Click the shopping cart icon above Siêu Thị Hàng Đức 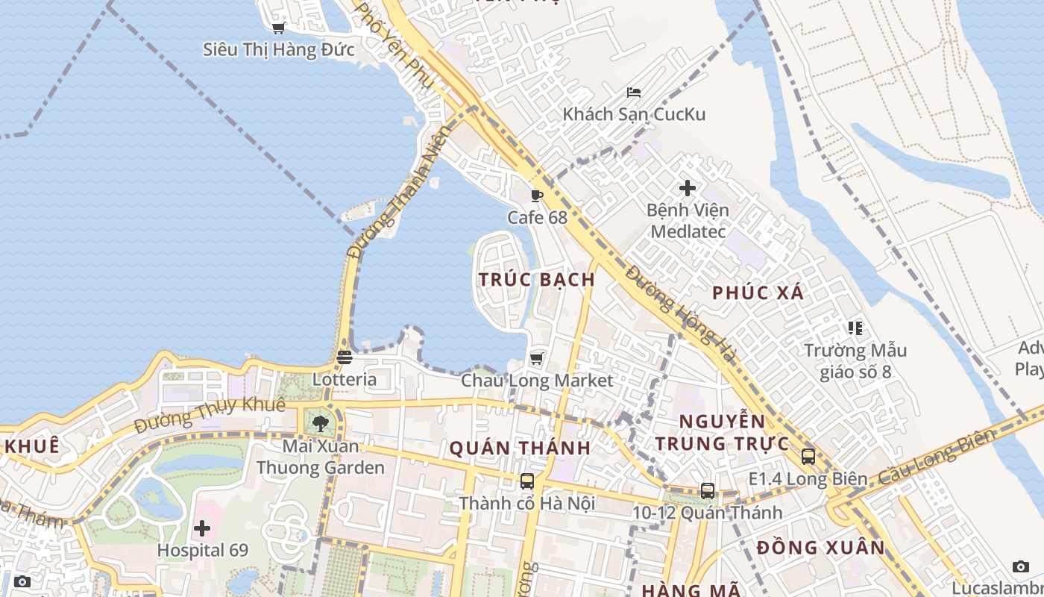(x=278, y=28)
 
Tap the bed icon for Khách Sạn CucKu (x=634, y=93)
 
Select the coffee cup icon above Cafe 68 (x=536, y=196)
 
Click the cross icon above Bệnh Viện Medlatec (x=688, y=188)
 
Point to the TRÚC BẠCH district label (x=537, y=280)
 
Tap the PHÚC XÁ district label (x=758, y=293)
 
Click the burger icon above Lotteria (x=344, y=357)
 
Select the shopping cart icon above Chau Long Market (x=536, y=359)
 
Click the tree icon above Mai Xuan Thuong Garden (x=321, y=424)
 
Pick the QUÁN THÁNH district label (x=520, y=448)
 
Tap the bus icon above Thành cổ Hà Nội (x=526, y=481)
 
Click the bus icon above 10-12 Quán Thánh (x=707, y=491)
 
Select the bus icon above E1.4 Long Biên (x=808, y=457)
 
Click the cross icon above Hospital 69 (x=202, y=529)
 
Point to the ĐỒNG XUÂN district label (x=820, y=548)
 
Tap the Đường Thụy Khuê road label (x=210, y=416)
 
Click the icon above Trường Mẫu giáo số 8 (x=855, y=328)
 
